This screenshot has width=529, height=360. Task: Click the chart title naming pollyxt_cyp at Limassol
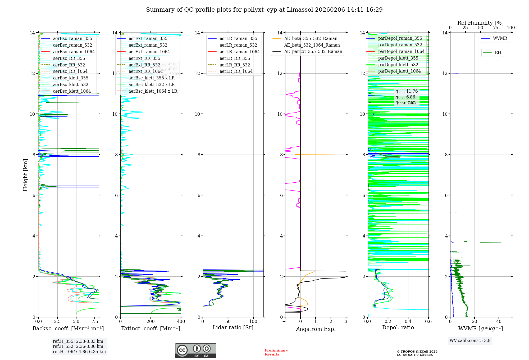(264, 10)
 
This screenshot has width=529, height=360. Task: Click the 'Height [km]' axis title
(25, 175)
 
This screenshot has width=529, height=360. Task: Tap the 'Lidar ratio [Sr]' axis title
(233, 327)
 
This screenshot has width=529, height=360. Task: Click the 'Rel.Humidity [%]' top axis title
(480, 23)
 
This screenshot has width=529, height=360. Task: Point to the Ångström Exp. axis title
(316, 329)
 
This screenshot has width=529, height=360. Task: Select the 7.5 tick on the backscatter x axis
(95, 322)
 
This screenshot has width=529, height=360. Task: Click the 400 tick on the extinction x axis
(181, 322)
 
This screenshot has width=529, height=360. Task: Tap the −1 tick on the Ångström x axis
(285, 322)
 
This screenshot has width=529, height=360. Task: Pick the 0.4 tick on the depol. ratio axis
(408, 322)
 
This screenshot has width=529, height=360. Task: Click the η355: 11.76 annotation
(407, 91)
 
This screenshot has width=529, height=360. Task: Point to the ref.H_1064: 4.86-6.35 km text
(79, 352)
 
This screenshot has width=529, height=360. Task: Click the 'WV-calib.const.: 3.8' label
(470, 340)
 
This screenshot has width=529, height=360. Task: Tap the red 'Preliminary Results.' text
(276, 352)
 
